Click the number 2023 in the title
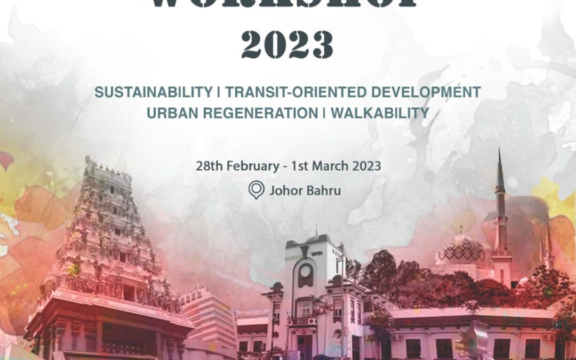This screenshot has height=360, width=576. click(287, 45)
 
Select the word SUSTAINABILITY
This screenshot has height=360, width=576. click(153, 92)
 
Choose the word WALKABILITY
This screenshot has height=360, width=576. click(380, 113)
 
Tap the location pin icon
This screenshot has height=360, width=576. click(256, 190)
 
